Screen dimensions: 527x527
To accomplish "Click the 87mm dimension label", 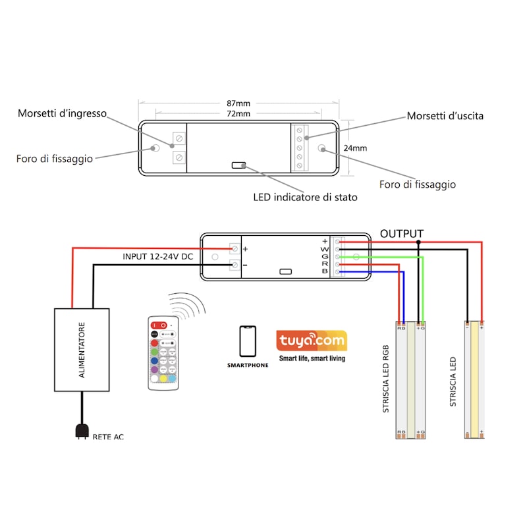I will [x=238, y=104].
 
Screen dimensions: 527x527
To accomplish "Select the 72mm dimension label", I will [x=238, y=114].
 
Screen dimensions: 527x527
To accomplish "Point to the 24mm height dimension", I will [x=355, y=148].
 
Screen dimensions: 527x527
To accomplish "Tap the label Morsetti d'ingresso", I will [x=62, y=113].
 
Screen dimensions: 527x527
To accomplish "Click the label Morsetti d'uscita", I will [x=445, y=116].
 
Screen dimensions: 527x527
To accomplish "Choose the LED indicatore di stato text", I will [x=306, y=197].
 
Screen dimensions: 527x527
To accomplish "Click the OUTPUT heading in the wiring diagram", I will [x=402, y=234].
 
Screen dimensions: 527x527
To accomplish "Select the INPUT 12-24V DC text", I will [x=158, y=256].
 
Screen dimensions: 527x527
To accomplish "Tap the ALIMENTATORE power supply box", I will [x=82, y=350].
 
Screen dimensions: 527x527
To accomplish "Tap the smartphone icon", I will [x=248, y=341].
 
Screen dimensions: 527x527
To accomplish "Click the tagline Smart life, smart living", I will [x=312, y=358].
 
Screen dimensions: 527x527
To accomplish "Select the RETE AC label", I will [x=108, y=437].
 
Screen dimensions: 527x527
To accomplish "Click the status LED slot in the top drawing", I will [x=238, y=165].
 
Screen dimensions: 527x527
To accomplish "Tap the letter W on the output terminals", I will [x=324, y=249].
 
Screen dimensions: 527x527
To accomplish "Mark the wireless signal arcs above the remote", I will [x=187, y=304].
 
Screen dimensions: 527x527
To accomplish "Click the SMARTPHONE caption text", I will [x=248, y=364].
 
